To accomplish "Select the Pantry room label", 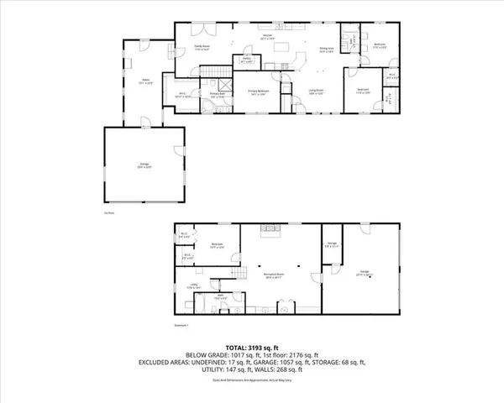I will pos(247,60).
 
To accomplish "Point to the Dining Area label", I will pos(327,49).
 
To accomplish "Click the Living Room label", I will pos(314,93).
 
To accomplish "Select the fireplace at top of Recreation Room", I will pos(270,229).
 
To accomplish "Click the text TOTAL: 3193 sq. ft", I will pos(251,346).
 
